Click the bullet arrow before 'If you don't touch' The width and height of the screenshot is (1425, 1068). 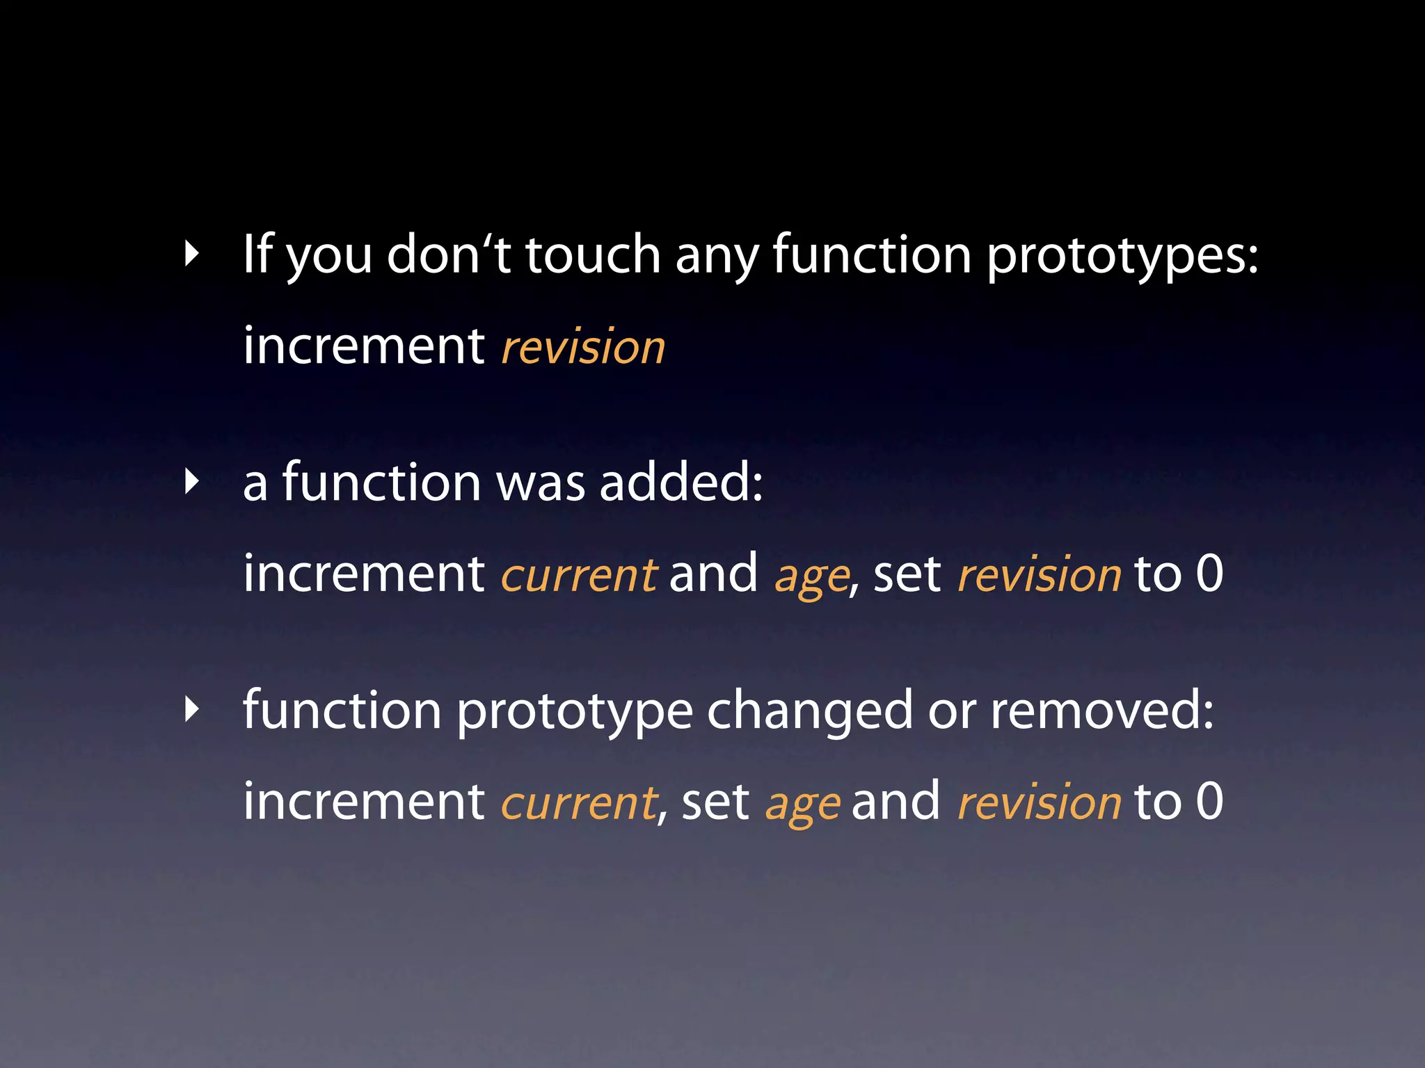[x=192, y=254]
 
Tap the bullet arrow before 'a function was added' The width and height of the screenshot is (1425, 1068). [x=192, y=482]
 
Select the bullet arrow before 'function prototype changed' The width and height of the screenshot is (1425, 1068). [x=192, y=710]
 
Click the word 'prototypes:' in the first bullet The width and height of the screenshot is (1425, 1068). [x=1122, y=256]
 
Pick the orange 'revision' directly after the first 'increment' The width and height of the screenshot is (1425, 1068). [x=583, y=347]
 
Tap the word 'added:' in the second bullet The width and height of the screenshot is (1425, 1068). [x=681, y=482]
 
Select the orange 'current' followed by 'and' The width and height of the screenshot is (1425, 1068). [x=579, y=576]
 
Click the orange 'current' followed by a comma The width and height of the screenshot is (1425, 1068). [x=579, y=803]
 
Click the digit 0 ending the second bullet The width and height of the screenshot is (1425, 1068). [x=1209, y=574]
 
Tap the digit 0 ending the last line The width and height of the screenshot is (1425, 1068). [x=1209, y=801]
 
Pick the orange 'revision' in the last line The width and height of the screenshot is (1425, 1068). [x=1040, y=802]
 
